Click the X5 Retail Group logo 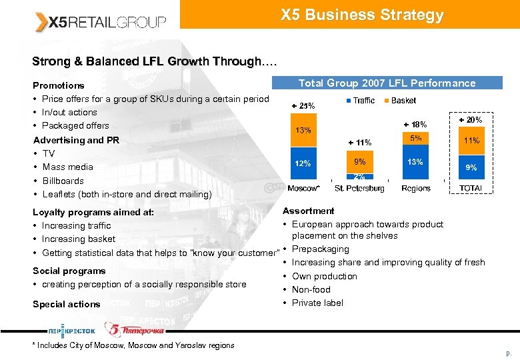pos(100,22)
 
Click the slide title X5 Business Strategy pos(362,15)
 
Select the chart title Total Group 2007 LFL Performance pos(387,83)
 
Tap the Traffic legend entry pos(359,101)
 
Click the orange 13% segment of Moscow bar pos(303,131)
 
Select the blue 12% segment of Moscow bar pos(303,164)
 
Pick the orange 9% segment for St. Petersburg pos(359,161)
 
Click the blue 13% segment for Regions pos(415,162)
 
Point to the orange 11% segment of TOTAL pos(471,141)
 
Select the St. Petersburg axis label pos(359,189)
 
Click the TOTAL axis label pos(471,189)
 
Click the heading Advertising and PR pos(76,140)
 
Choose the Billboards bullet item pos(63,181)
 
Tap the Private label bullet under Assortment pos(317,303)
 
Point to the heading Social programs pos(69,271)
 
